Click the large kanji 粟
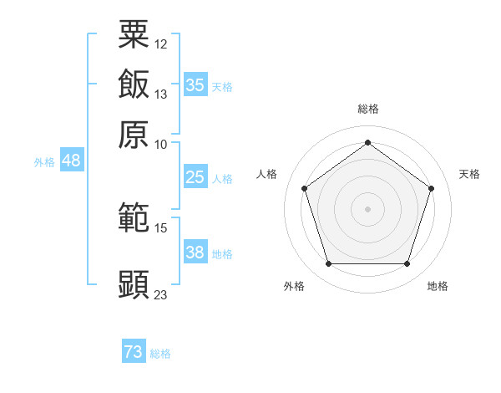[134, 34]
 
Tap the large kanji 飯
[134, 84]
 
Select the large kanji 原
[134, 135]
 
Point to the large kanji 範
[134, 217]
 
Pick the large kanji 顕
[134, 284]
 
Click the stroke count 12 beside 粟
[160, 44]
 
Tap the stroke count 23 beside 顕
[160, 294]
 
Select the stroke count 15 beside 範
[160, 228]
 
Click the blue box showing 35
[195, 84]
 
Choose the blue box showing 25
[195, 176]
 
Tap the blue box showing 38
[195, 251]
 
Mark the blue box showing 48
[72, 160]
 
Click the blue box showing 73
[134, 350]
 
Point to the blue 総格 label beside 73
[160, 354]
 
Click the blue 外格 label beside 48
[44, 162]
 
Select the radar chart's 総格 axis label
[368, 109]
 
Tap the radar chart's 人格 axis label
[266, 174]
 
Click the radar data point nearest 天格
[431, 188]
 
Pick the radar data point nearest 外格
[329, 263]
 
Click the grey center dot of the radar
[367, 209]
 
